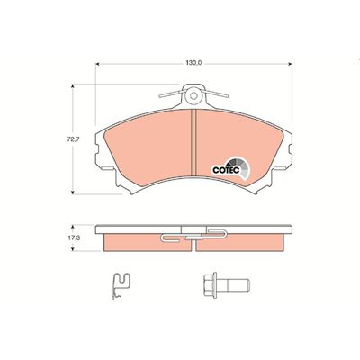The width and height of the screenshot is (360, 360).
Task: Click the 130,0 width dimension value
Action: click(x=193, y=62)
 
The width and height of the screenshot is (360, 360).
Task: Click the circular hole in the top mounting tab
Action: click(x=194, y=94)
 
